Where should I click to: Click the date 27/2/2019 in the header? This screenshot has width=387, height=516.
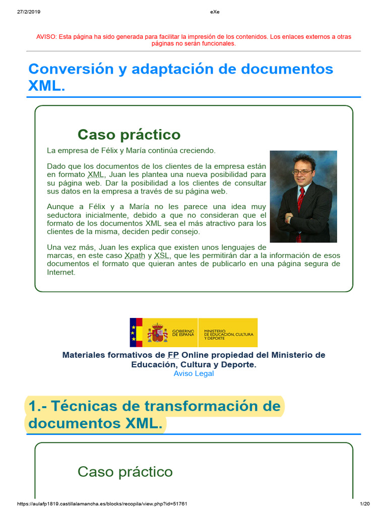click(x=28, y=12)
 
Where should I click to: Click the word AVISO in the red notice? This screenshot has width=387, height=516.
click(x=46, y=37)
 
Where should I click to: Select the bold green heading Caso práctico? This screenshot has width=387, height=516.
click(x=128, y=135)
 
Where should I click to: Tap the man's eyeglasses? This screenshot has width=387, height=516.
click(x=302, y=172)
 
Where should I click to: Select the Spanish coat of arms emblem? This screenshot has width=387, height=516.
click(x=158, y=333)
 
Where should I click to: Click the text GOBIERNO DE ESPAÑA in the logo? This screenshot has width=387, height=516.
click(x=183, y=333)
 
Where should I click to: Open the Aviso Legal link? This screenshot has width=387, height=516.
click(x=193, y=373)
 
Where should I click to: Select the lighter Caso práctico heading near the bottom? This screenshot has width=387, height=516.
click(x=125, y=472)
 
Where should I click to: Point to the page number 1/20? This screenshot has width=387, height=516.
click(x=365, y=504)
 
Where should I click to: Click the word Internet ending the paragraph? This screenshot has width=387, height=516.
click(x=61, y=272)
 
